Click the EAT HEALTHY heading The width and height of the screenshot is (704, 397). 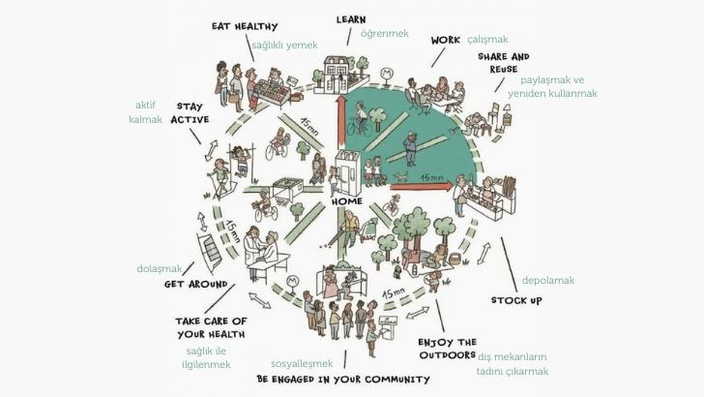245,26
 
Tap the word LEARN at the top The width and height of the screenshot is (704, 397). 350,18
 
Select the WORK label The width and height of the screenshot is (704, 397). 445,41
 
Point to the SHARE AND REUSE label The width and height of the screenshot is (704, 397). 503,63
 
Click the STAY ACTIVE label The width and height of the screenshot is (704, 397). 189,112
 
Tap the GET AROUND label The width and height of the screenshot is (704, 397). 198,285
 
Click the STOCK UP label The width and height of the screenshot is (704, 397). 515,301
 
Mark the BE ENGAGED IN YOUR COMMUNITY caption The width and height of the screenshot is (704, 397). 343,379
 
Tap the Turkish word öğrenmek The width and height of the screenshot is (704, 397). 384,34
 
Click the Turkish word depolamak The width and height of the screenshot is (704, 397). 547,280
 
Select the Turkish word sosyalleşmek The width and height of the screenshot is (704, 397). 302,363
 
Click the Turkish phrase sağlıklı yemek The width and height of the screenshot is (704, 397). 284,45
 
